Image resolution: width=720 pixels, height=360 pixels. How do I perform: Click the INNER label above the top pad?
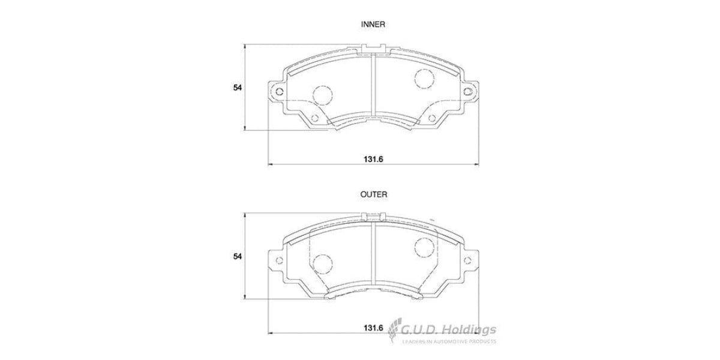pyautogui.click(x=373, y=25)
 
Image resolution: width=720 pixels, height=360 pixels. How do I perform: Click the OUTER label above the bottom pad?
pyautogui.click(x=373, y=194)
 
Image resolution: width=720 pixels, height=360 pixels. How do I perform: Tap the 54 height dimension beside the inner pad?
pyautogui.click(x=238, y=88)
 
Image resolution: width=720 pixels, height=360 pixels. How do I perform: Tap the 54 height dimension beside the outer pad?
pyautogui.click(x=238, y=256)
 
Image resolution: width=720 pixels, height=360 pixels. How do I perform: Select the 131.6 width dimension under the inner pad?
pyautogui.click(x=373, y=159)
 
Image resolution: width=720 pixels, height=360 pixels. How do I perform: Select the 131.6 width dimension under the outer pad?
pyautogui.click(x=373, y=328)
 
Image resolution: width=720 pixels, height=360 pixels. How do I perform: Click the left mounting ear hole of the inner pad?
pyautogui.click(x=278, y=91)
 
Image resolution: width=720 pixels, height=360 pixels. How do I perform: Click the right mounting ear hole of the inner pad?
pyautogui.click(x=467, y=91)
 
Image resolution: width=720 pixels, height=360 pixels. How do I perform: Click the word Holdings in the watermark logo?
pyautogui.click(x=471, y=329)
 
